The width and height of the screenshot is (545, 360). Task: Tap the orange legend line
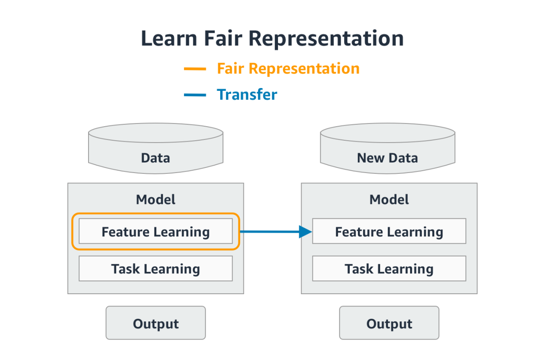195,69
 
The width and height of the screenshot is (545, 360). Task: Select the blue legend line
195,95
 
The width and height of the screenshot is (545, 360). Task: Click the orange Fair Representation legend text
288,69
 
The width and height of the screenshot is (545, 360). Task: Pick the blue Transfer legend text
247,95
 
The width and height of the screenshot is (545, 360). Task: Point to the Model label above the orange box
155,199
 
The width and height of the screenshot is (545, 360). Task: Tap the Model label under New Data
389,199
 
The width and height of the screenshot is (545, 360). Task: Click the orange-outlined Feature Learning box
155,232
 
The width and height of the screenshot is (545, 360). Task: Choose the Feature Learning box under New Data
389,232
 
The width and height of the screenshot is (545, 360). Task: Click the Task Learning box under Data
155,269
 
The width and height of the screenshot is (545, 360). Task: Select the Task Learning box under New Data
389,269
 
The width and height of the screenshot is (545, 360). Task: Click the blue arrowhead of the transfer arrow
305,232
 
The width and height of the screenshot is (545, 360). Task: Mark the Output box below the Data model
155,323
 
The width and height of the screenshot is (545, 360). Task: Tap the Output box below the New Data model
389,323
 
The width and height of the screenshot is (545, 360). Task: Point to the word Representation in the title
327,39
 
